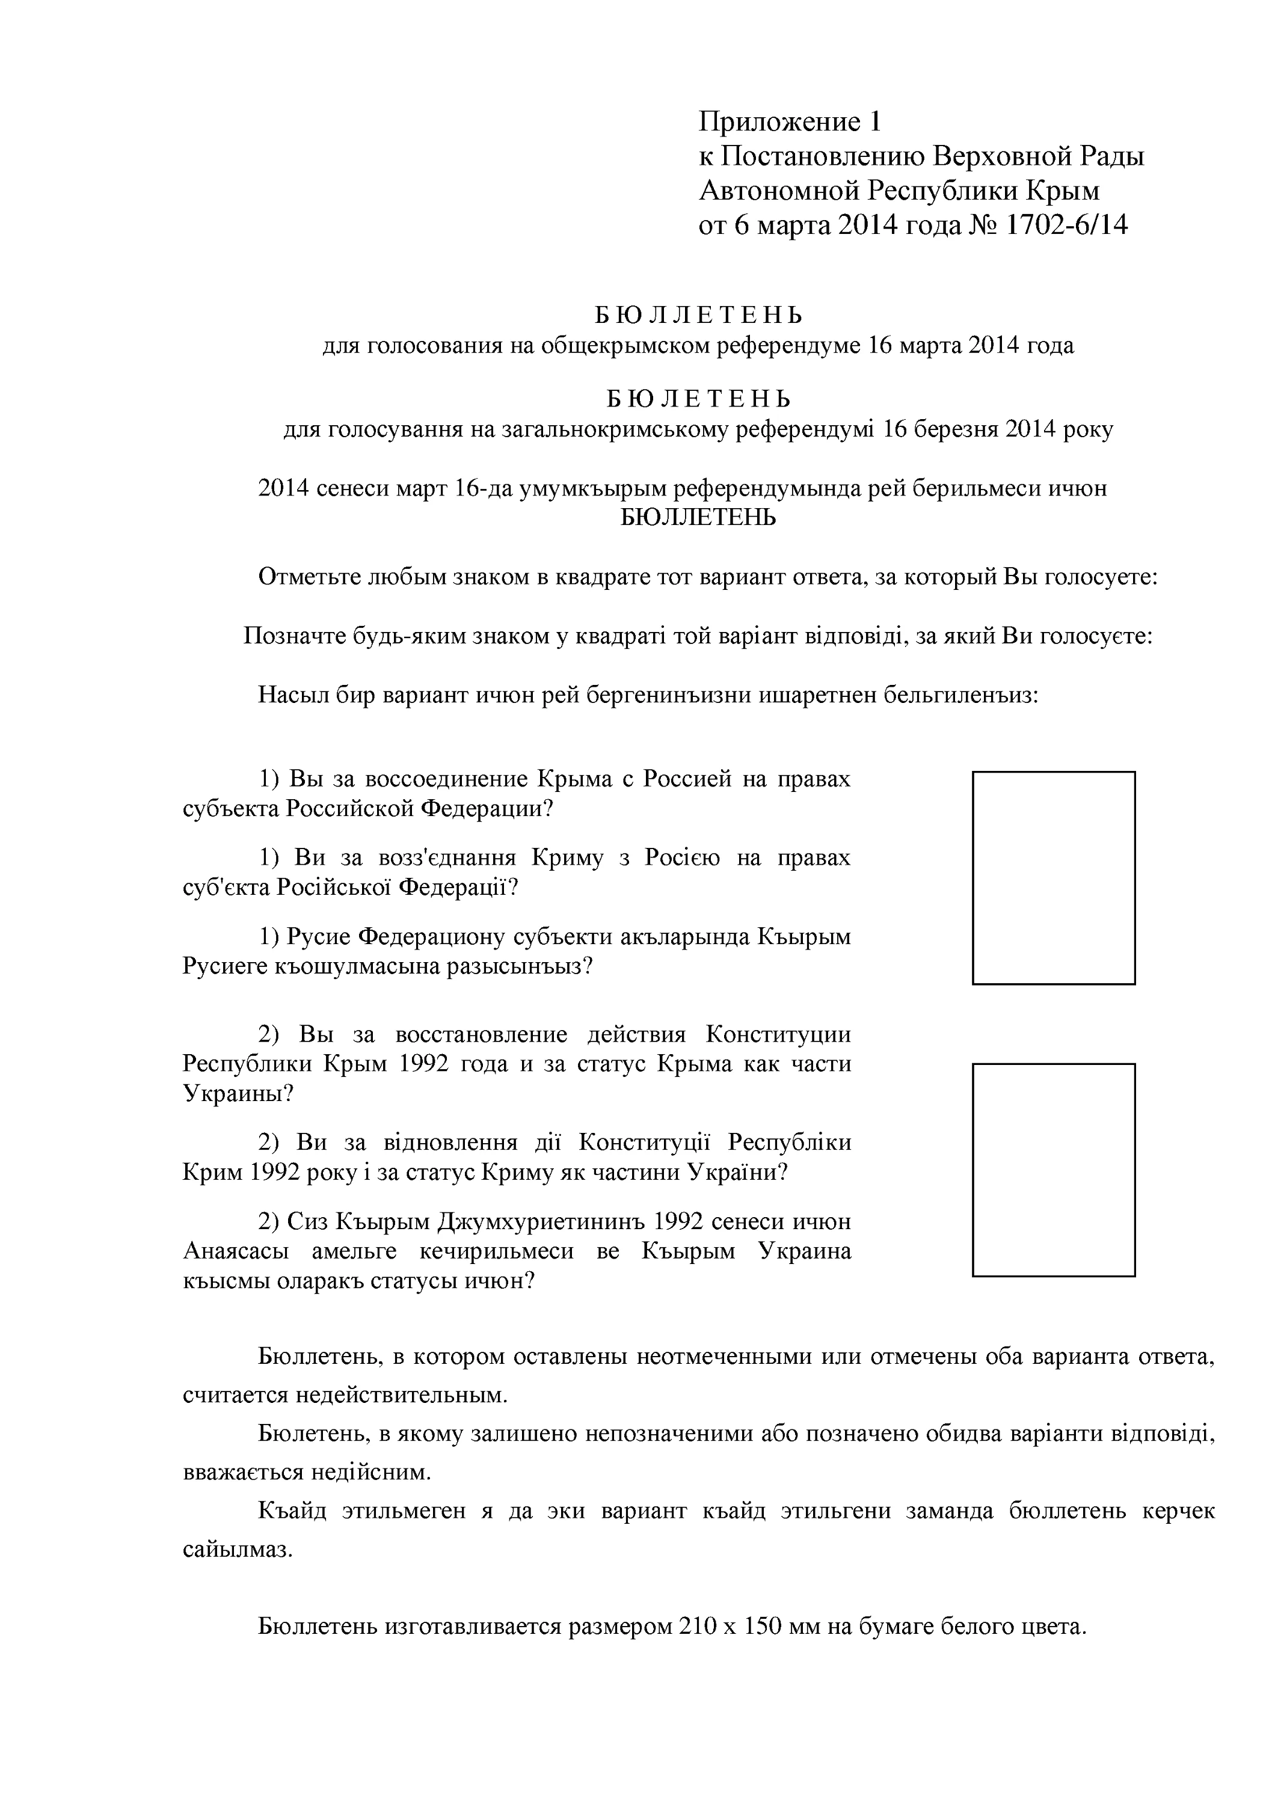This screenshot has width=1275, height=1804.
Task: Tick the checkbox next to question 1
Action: coord(1054,877)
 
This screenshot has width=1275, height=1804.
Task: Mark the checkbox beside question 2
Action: coord(1054,1169)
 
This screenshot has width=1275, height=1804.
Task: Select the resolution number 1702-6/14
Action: coord(1066,226)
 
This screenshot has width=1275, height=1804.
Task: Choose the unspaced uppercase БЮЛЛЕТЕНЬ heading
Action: coord(698,518)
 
